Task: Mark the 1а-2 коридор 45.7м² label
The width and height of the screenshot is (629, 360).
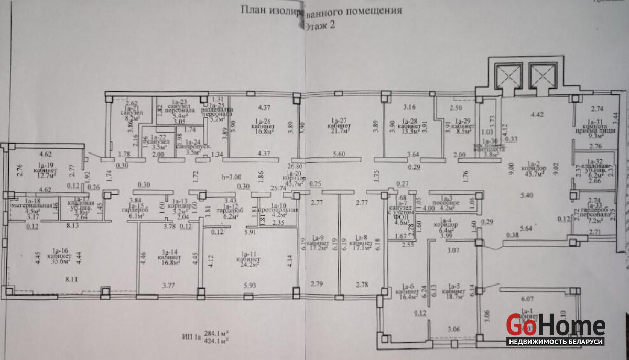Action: (533, 169)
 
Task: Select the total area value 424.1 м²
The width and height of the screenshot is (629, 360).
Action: (220, 341)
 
